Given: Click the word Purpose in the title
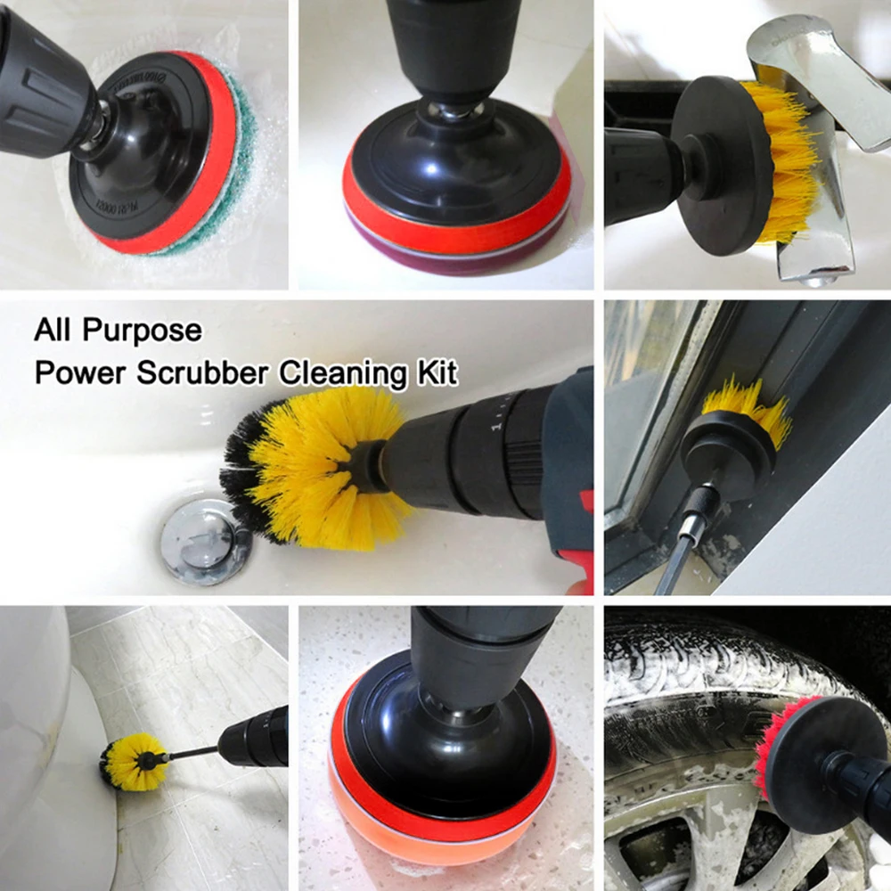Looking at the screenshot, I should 143,331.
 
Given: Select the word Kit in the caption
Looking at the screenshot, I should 437,372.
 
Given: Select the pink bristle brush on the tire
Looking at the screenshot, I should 768,748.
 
